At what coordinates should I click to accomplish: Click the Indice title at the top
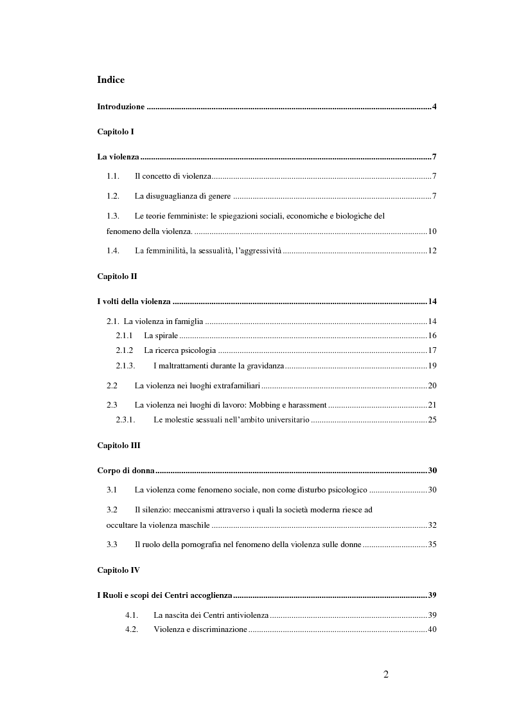(x=110, y=80)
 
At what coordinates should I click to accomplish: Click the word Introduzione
(x=121, y=106)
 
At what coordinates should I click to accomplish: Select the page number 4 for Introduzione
(x=434, y=106)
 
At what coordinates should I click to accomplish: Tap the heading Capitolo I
(x=115, y=131)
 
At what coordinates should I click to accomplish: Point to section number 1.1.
(x=114, y=176)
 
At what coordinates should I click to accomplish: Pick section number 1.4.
(x=114, y=250)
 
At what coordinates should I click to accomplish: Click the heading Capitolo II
(x=116, y=276)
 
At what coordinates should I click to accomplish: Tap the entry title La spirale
(x=161, y=336)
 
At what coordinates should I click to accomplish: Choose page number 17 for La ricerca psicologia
(x=432, y=350)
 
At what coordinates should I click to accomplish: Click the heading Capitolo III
(x=118, y=445)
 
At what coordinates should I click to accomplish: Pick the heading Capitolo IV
(x=118, y=570)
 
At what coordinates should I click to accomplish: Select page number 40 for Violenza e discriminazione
(x=432, y=629)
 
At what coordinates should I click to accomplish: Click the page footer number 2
(x=385, y=674)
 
